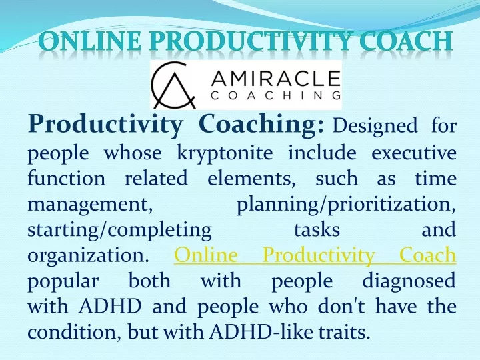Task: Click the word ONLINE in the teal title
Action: pos(90,41)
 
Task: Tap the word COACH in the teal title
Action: pos(405,41)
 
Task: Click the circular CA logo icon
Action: pos(173,85)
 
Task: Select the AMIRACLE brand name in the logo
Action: pos(275,79)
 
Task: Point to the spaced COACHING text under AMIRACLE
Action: pos(275,95)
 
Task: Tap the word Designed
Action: pos(375,126)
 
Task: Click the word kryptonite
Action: pos(225,153)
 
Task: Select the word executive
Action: pos(414,153)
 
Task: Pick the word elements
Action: pos(251,179)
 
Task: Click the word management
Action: pos(90,205)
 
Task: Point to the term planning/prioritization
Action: pos(346,205)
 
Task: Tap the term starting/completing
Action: pos(119,230)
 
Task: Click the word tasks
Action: pos(317,229)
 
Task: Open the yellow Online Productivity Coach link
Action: pos(315,255)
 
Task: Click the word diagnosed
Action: pos(409,281)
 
